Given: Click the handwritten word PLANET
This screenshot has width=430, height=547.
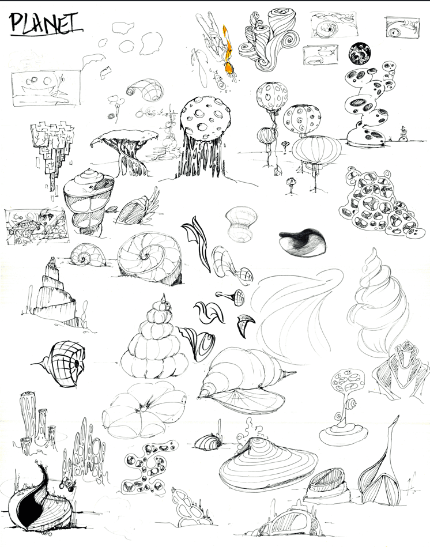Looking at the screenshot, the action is [46, 24].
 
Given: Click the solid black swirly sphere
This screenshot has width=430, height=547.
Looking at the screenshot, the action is [360, 54].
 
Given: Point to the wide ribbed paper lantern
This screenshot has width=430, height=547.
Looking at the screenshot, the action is [316, 149].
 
